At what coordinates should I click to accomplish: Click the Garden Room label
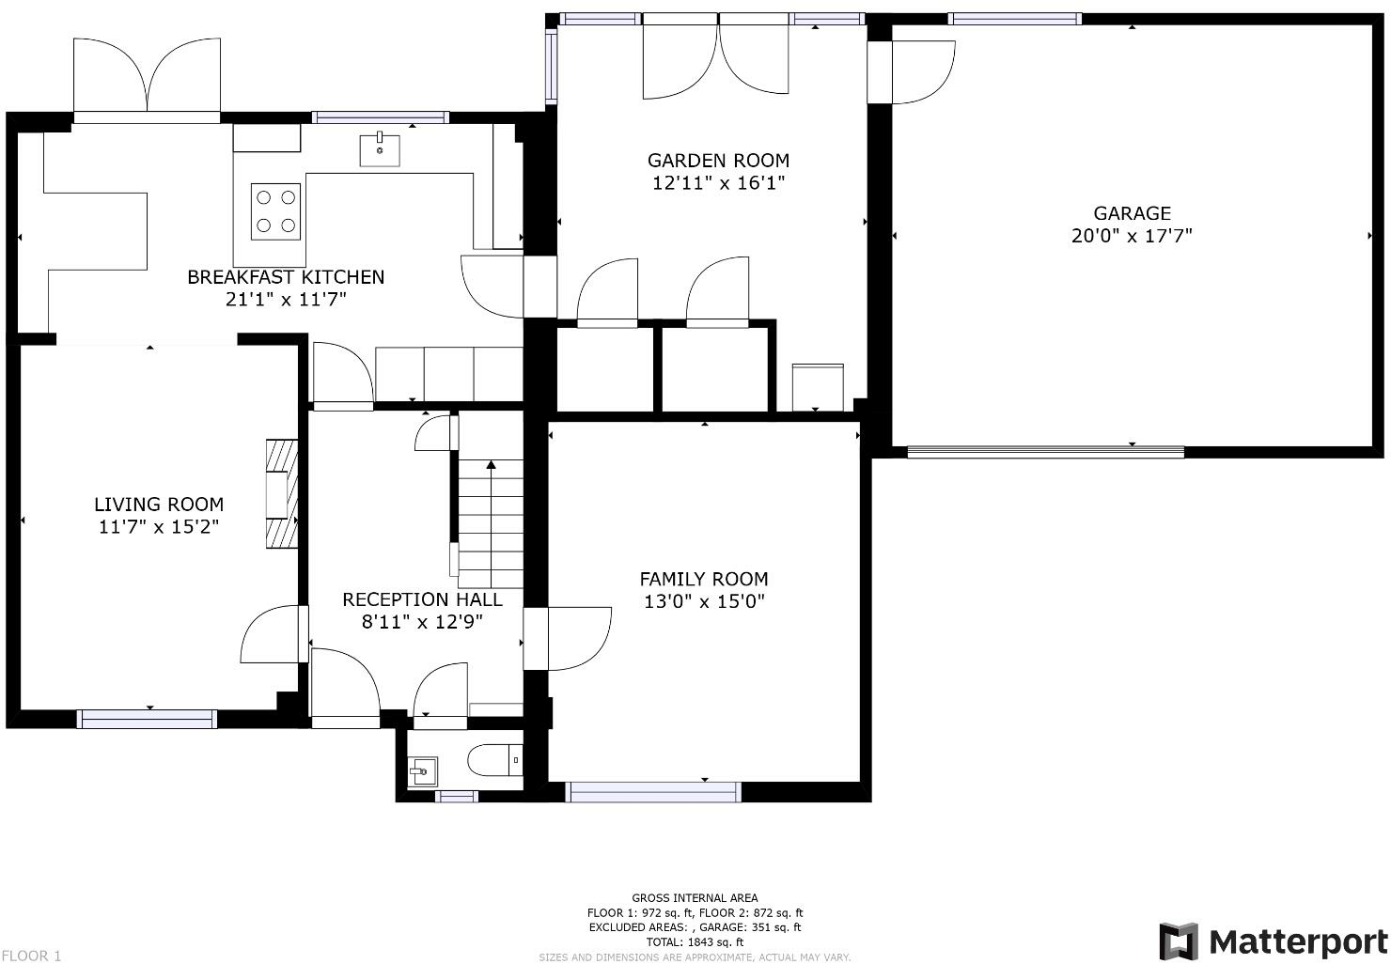(x=718, y=161)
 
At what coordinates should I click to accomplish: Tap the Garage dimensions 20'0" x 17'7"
(x=1132, y=236)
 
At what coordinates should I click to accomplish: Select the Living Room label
(x=159, y=504)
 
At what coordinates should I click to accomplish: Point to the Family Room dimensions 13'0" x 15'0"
(x=704, y=601)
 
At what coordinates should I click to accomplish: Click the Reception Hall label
(x=422, y=599)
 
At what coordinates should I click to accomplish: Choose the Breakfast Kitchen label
(x=286, y=277)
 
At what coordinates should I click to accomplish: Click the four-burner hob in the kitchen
(x=275, y=211)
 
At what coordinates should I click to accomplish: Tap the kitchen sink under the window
(x=380, y=149)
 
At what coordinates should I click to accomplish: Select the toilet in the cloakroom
(x=495, y=760)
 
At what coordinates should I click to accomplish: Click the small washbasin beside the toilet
(x=423, y=771)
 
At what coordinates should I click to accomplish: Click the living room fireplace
(x=282, y=494)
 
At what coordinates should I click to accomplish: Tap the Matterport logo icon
(x=1179, y=941)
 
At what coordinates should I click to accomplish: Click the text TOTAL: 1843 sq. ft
(x=695, y=941)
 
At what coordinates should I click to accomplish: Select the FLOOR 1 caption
(x=31, y=956)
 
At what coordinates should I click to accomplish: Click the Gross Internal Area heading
(x=695, y=897)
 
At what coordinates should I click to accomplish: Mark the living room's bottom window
(x=148, y=719)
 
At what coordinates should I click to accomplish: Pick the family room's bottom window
(x=653, y=792)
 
